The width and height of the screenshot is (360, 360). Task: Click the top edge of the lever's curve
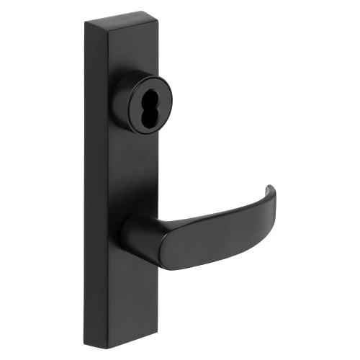point(216,213)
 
